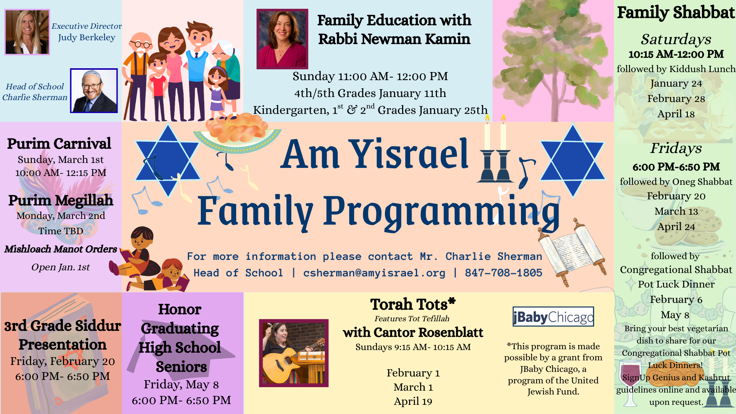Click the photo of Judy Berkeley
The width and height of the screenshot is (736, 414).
coord(27,32)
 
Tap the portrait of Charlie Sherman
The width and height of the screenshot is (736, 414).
coord(94,91)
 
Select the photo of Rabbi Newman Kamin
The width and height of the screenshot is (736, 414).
coord(282,39)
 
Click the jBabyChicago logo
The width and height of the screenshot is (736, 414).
coord(553,317)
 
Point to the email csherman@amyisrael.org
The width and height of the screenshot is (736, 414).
coord(374,273)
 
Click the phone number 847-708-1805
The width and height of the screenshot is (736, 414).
coord(503,273)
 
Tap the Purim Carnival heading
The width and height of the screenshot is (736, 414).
coord(59,144)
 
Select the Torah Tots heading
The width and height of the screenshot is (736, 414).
coord(413,304)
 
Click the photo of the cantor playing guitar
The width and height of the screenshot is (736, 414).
coord(294,353)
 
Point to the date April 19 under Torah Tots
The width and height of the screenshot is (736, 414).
coord(413,401)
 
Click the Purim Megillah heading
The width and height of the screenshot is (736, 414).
coord(61,200)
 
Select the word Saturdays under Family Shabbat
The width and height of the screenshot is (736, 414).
coord(676,39)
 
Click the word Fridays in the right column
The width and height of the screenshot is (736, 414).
coord(676,148)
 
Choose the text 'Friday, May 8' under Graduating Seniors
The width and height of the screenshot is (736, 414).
coord(181,384)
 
